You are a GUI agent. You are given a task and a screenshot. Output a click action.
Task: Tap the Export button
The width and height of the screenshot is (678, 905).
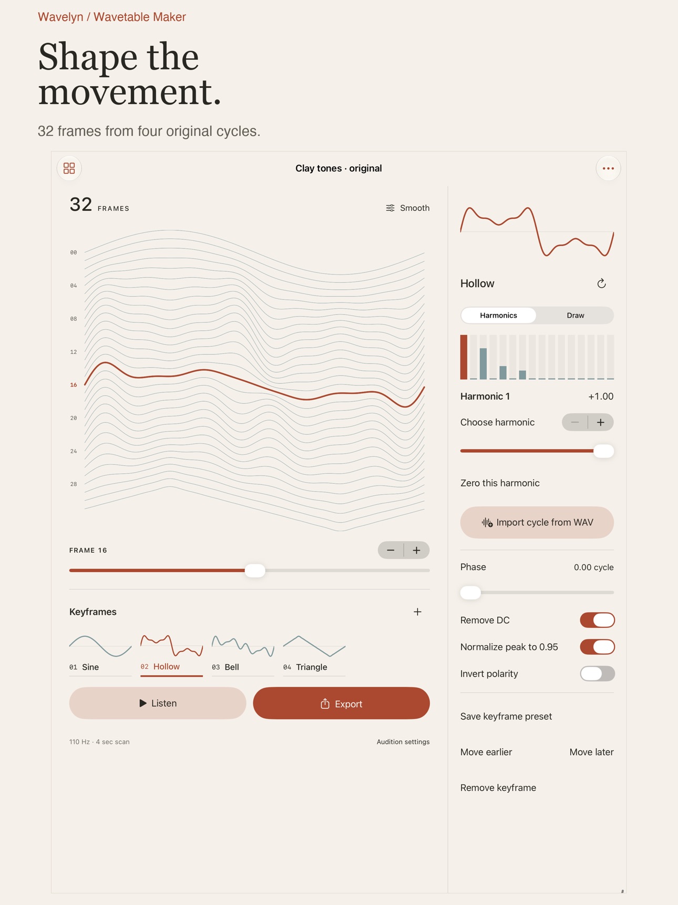coord(341,703)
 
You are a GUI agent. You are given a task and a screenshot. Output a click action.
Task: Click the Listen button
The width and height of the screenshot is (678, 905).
coord(158,703)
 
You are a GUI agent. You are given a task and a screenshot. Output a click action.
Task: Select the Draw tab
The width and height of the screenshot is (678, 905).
coord(575,316)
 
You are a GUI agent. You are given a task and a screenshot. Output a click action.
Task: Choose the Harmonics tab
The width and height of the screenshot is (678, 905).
coord(498,316)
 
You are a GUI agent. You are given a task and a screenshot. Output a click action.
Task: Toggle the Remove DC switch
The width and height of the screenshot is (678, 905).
coord(597,620)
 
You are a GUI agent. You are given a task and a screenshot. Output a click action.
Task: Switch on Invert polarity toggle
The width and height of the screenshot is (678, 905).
coord(597,674)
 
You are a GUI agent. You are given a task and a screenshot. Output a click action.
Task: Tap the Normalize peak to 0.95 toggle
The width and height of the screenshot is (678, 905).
coord(597,647)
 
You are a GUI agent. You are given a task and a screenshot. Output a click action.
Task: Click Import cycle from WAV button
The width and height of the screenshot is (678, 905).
coord(537,522)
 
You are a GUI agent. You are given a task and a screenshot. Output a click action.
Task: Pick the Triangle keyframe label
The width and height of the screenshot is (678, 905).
coord(311,667)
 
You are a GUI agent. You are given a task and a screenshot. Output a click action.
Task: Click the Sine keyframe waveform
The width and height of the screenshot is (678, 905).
coord(100,646)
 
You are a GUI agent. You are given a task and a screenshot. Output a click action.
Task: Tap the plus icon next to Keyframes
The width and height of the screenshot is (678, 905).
coord(417,612)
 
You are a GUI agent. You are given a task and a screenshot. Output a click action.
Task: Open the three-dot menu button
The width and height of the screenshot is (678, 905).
coord(608,168)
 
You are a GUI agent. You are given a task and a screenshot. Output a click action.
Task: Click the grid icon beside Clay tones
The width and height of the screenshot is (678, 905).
coord(69,168)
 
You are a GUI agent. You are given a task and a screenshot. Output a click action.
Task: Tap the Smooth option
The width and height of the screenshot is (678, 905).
coord(407,208)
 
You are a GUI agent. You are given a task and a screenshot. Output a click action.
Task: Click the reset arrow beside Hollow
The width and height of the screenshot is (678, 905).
coord(601,284)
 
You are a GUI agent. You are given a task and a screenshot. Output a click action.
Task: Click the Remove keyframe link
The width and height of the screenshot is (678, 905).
coord(498,788)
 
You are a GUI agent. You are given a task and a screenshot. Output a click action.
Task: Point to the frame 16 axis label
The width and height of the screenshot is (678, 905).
coord(74,385)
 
